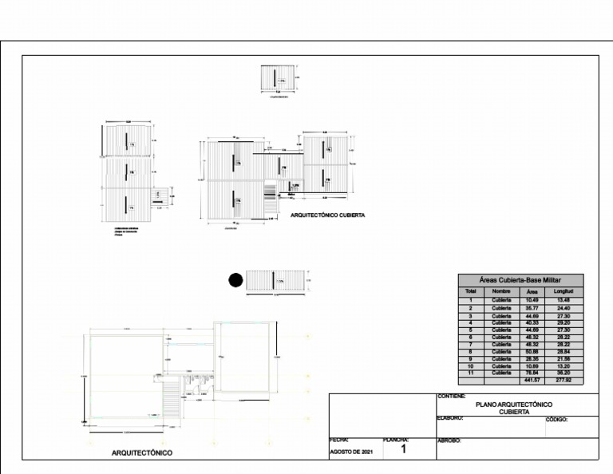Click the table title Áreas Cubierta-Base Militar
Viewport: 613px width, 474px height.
point(520,280)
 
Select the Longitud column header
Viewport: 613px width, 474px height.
point(564,291)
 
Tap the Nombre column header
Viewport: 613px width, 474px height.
point(501,291)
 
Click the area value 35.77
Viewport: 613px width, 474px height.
point(532,308)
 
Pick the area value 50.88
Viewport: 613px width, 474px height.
point(532,351)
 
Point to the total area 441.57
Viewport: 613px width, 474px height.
point(532,380)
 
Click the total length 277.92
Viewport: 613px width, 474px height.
point(564,380)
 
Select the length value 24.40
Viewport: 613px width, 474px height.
point(564,308)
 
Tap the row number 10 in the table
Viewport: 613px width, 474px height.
point(471,365)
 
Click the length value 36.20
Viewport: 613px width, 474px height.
point(564,373)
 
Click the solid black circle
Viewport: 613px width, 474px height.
point(235,280)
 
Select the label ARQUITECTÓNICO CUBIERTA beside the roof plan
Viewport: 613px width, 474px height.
point(328,215)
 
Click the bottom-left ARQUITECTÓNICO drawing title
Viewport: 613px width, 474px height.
point(142,452)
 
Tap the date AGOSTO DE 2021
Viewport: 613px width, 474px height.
point(351,452)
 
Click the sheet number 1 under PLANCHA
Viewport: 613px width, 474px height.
point(404,451)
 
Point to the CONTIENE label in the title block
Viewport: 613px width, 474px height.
point(453,397)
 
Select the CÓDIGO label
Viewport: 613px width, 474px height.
point(557,420)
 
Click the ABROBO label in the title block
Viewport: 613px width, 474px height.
point(450,440)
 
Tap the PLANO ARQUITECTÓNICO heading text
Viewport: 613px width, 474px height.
point(514,405)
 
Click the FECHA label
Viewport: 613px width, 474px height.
point(339,440)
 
